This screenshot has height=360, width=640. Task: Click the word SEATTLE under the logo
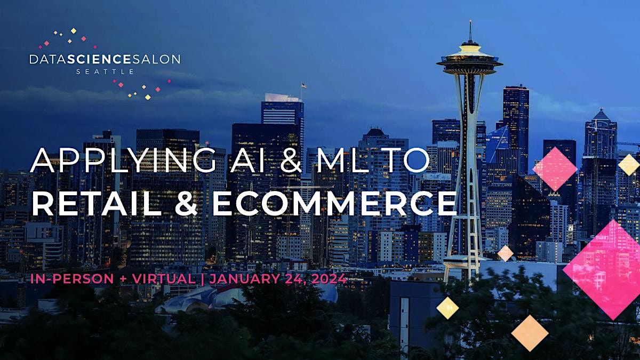click(x=105, y=71)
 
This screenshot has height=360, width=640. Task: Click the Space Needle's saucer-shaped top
click(x=469, y=60)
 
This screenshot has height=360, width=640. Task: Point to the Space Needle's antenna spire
click(x=470, y=32)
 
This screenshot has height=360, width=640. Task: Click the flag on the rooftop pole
click(x=304, y=85)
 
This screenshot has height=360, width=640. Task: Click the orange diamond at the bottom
click(x=530, y=333)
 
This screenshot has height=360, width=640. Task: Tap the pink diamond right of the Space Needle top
click(x=555, y=169)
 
